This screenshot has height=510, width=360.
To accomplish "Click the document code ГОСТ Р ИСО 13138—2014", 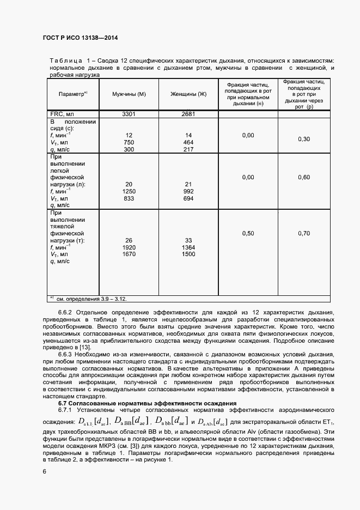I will pos(80,38).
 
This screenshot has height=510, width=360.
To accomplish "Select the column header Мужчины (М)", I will pos(129,94).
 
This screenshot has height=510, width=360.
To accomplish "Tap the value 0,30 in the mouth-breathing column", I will pos(303,139).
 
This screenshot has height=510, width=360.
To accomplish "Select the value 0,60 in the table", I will pos(303,177).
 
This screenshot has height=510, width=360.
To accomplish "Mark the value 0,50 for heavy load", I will pos(248,233).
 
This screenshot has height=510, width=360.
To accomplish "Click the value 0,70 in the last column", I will pos(303,233).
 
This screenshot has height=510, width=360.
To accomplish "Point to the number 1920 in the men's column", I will pos(129,247).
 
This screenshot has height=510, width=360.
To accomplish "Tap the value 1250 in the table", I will pos(129,191).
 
